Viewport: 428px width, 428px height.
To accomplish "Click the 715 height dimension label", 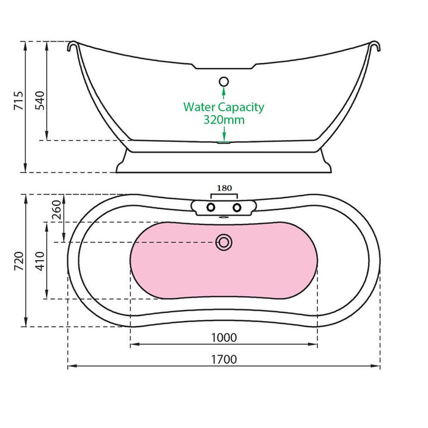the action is point(18,101).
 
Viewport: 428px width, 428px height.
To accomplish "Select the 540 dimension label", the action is point(40,101).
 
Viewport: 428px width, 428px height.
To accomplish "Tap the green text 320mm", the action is point(224,120).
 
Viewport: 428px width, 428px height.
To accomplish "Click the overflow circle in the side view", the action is point(224,81).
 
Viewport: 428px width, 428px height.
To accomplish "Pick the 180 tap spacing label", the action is point(224,188).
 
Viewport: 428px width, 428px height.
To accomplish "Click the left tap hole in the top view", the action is point(211,207).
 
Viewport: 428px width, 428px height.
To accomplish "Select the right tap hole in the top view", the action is point(237,207).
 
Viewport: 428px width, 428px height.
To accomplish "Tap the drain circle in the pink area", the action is point(224,242).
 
